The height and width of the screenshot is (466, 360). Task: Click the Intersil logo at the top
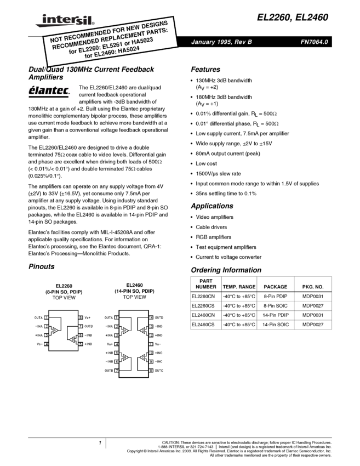point(63,21)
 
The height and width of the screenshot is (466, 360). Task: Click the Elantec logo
point(50,92)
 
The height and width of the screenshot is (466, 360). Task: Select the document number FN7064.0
point(314,42)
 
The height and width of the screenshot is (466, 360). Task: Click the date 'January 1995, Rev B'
point(221,42)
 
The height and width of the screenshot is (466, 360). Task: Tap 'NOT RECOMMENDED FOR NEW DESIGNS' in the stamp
point(108,32)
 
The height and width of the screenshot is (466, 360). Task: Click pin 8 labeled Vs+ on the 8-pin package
point(81,317)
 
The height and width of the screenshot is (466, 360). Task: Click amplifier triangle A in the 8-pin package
point(55,331)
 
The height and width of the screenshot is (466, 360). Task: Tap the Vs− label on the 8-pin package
point(39,344)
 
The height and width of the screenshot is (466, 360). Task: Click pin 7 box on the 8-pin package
point(81,326)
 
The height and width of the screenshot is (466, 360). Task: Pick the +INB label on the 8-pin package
point(88,344)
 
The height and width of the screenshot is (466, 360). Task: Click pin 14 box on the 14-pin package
point(151,317)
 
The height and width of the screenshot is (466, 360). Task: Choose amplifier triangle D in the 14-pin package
point(142,331)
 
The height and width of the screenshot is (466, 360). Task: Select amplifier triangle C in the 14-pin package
point(142,358)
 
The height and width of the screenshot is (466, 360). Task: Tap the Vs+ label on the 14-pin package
point(109,344)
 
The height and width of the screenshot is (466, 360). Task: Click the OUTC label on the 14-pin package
point(159,371)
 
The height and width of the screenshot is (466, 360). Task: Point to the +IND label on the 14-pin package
point(159,335)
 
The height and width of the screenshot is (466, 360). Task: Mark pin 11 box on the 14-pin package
point(151,344)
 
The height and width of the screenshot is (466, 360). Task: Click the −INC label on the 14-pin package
point(159,362)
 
